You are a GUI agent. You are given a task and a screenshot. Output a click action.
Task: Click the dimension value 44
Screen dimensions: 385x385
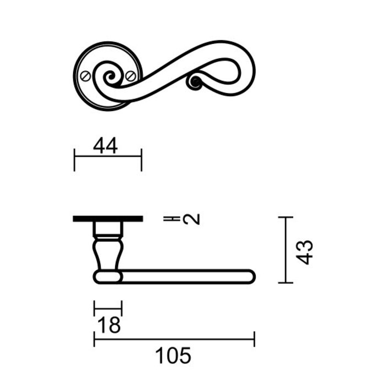tap(106, 146)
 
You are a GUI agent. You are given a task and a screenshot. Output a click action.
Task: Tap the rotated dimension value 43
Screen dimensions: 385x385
tap(304, 251)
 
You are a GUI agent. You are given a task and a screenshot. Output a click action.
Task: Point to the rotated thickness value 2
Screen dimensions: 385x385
tap(191, 219)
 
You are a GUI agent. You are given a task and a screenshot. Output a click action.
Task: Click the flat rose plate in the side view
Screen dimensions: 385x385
tap(108, 219)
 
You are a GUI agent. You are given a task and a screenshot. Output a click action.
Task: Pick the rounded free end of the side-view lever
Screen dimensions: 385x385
tap(250, 276)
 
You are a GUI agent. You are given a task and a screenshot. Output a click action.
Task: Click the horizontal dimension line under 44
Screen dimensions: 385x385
tap(108, 157)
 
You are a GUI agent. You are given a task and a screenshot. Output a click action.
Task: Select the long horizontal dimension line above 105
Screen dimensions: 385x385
tap(174, 339)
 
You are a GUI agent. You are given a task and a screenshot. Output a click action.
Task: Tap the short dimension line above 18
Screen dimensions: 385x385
tap(108, 308)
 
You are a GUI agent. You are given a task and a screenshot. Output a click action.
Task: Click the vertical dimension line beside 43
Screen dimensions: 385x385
tap(285, 250)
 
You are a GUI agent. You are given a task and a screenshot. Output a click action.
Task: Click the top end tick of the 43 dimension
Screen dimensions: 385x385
tap(285, 218)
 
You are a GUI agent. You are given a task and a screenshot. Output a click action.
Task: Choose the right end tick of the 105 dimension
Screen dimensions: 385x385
tap(254, 339)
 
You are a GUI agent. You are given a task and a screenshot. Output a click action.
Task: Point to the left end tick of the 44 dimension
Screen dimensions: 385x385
tap(74, 159)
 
